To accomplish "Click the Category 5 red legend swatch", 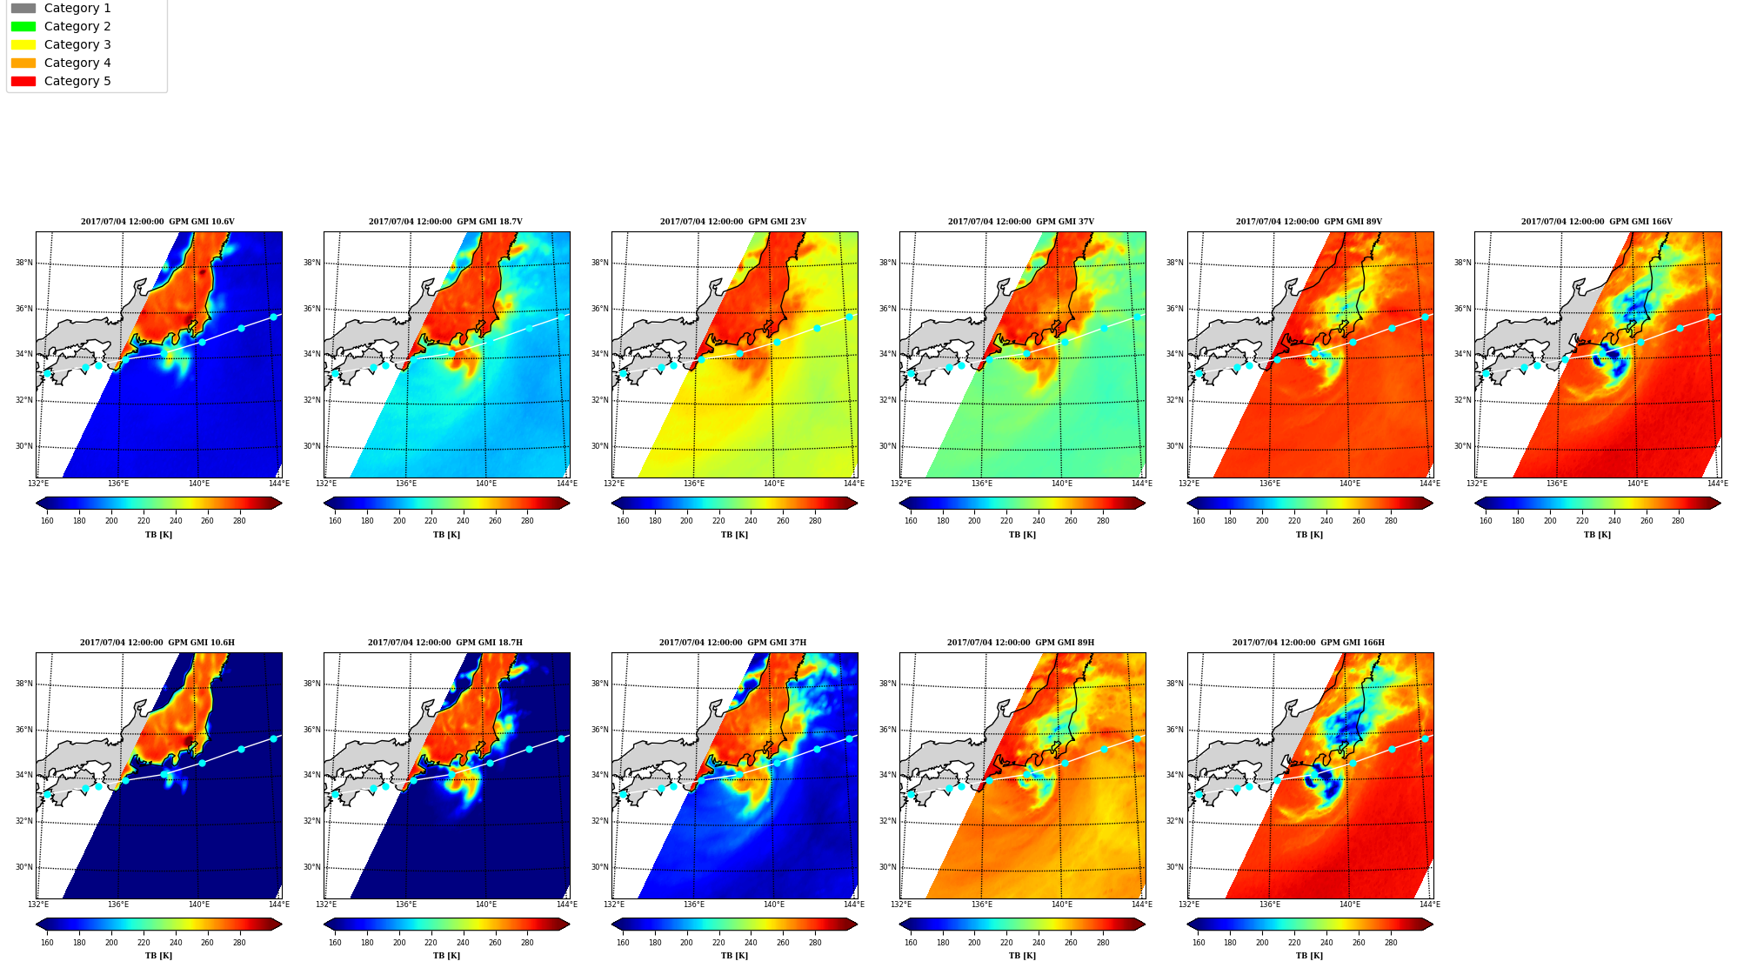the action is coord(23,81).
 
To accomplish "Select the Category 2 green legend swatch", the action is coord(23,26).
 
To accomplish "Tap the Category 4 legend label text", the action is coord(77,63).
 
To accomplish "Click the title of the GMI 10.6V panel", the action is coord(157,222).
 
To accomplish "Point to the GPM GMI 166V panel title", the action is coord(1596,222).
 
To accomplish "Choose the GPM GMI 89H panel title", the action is coord(1020,643).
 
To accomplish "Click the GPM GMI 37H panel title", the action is coord(732,643).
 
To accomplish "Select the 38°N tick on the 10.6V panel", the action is coord(24,263).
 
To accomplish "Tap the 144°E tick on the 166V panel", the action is coord(1717,484).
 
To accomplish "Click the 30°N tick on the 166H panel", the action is coord(1175,867).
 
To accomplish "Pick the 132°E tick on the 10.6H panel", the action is coord(38,905).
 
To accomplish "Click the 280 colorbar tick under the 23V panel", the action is coord(815,521).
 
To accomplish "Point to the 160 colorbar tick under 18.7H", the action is coord(335,942).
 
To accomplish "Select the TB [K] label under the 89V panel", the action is coord(1309,535).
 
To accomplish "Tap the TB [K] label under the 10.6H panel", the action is coord(158,956).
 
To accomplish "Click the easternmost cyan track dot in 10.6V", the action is coord(273,317).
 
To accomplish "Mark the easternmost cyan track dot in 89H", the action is coord(1137,738).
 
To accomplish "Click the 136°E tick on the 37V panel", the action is coord(981,484).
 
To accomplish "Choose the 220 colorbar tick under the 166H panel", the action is coord(1294,942).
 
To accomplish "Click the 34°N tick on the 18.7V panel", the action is coord(312,354).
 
